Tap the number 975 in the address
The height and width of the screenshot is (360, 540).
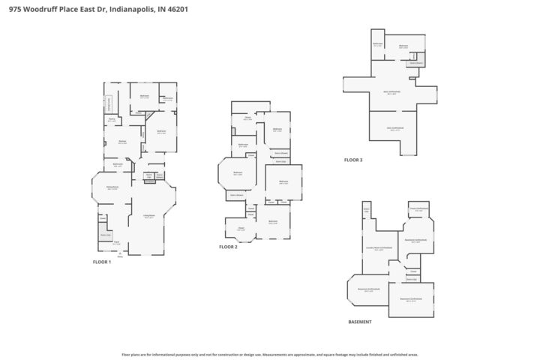[x=14, y=9]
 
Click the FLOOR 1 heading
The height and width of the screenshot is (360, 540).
[x=101, y=262]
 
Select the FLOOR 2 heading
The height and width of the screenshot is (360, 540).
[x=228, y=247]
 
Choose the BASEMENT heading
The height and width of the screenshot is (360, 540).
[x=361, y=322]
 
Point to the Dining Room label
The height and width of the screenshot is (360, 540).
[x=112, y=187]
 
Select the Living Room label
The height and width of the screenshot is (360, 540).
[x=148, y=216]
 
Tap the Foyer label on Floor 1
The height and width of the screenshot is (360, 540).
[x=116, y=242]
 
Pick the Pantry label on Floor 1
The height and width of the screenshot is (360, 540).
[x=112, y=118]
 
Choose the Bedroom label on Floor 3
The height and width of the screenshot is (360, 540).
[x=403, y=46]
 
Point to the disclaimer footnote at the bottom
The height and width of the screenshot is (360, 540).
[x=270, y=354]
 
